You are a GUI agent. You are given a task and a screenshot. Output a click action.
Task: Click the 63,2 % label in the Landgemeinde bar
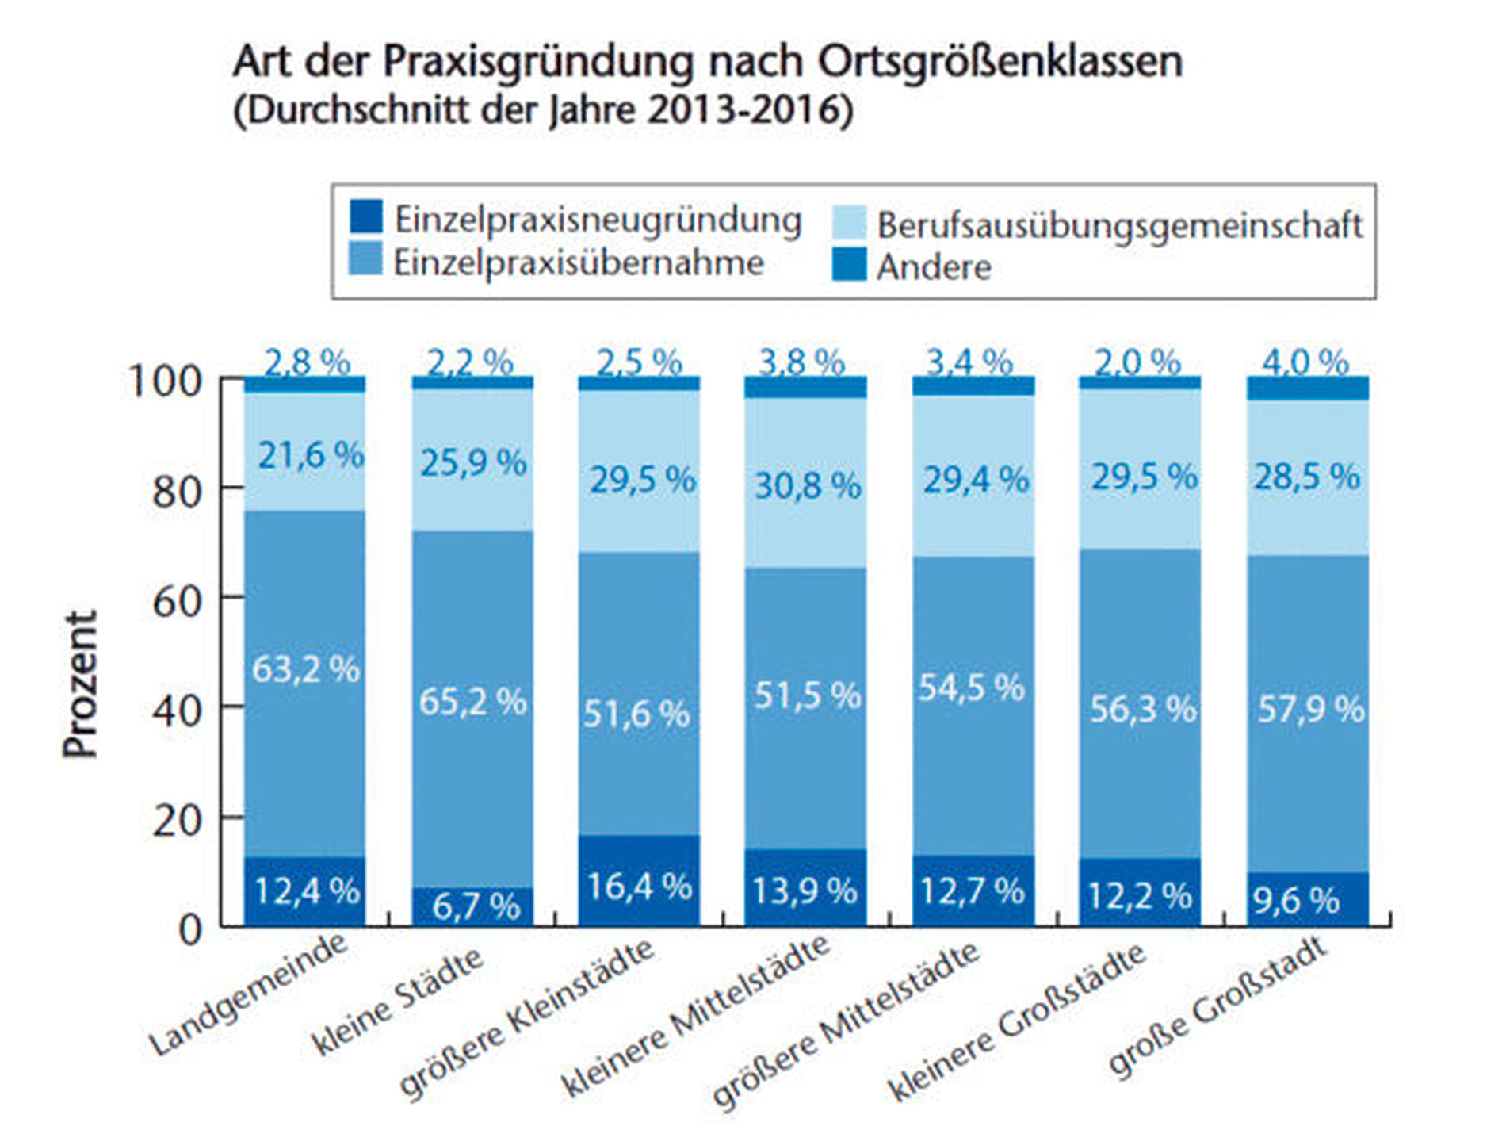point(306,670)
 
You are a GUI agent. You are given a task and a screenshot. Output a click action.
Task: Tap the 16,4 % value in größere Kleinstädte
point(639,886)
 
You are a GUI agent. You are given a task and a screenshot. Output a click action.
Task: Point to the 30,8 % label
point(807,485)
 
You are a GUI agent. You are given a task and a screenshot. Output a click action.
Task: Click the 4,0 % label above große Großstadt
point(1305,362)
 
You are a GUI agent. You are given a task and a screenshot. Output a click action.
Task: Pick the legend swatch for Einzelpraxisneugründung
point(366,216)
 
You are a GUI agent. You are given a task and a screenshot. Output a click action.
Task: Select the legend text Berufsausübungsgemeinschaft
point(1119,225)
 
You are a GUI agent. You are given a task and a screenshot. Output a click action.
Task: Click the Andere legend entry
point(934,267)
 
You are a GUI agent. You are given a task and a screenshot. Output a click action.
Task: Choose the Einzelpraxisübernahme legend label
point(579,262)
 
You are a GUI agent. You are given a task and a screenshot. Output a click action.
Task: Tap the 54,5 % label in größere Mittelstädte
point(972,688)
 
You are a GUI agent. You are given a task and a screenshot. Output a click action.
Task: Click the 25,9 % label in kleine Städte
point(473,462)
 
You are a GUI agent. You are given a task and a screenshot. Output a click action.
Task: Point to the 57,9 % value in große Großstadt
point(1311,709)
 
